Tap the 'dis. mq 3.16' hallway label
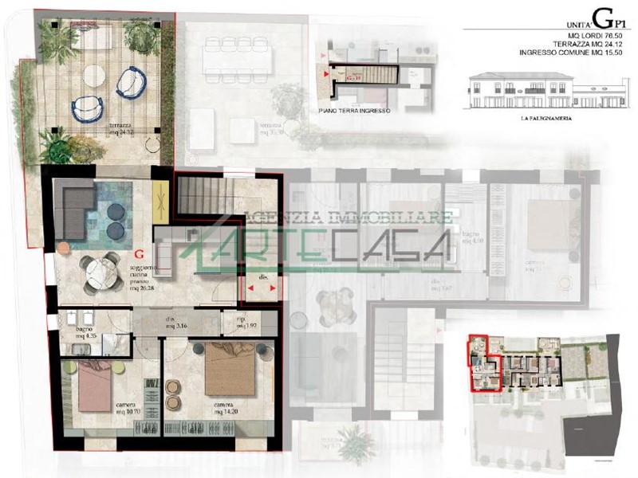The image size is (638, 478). [175, 323]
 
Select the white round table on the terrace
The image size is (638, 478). [94, 76]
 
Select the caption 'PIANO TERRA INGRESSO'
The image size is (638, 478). [353, 112]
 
